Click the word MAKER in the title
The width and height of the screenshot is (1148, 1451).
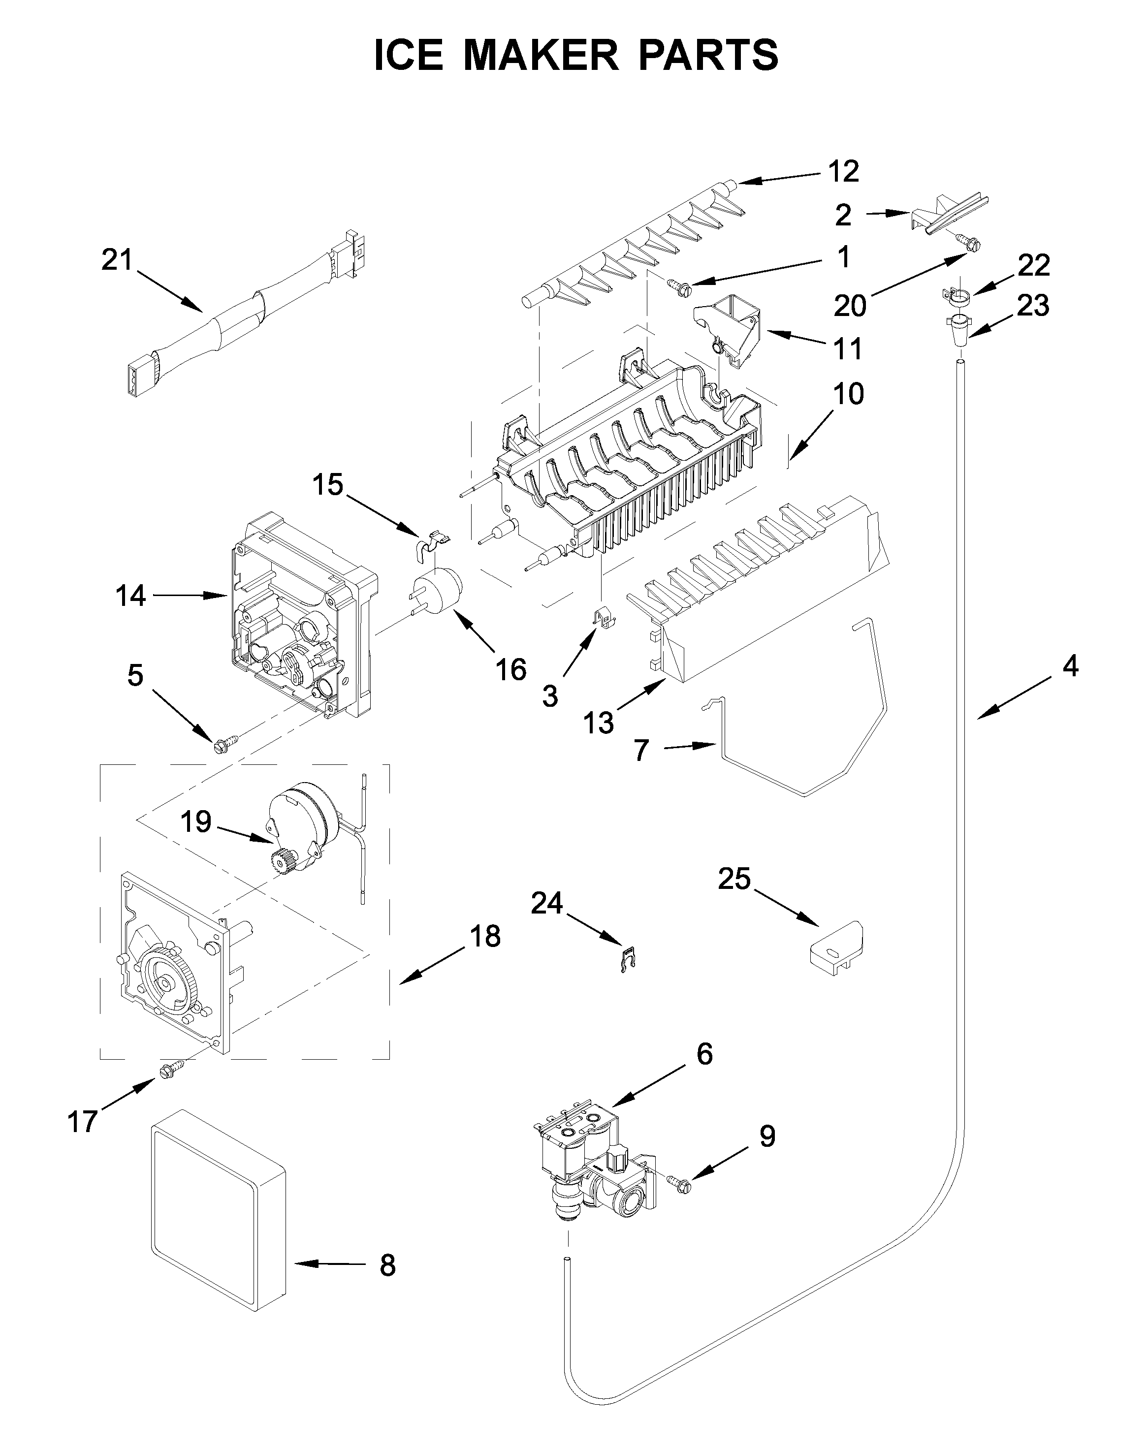[x=541, y=55]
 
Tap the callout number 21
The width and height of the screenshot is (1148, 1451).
[x=117, y=259]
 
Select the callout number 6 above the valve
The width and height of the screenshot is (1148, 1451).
[x=704, y=1054]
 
